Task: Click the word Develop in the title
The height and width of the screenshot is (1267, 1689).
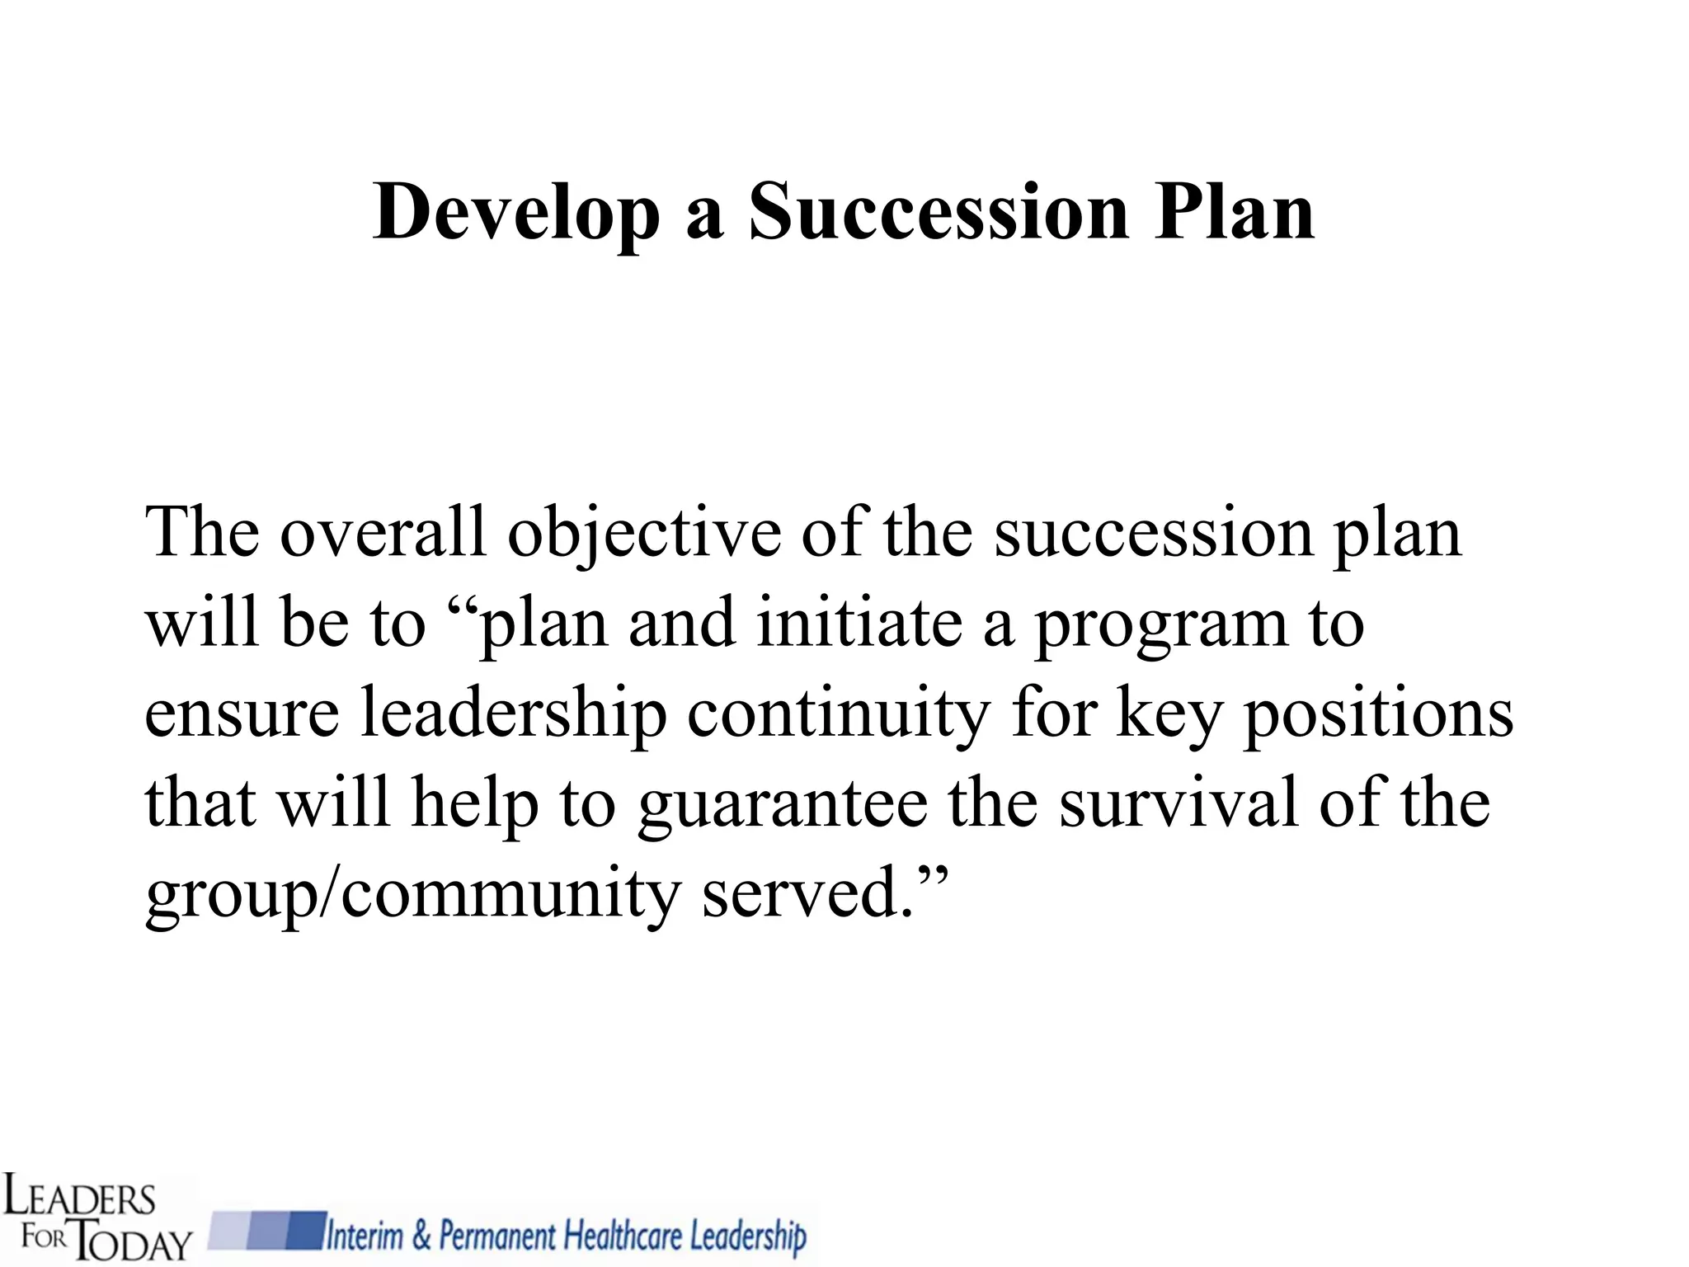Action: (516, 213)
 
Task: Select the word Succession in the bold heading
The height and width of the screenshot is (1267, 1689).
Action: (938, 213)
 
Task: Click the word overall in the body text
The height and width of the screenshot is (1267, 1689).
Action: (383, 532)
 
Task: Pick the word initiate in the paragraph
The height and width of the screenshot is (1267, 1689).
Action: (859, 623)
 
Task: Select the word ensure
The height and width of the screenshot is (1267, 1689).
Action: (242, 714)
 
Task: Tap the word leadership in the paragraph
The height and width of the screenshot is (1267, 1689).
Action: (513, 714)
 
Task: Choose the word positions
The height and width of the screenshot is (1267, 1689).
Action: (1378, 714)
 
